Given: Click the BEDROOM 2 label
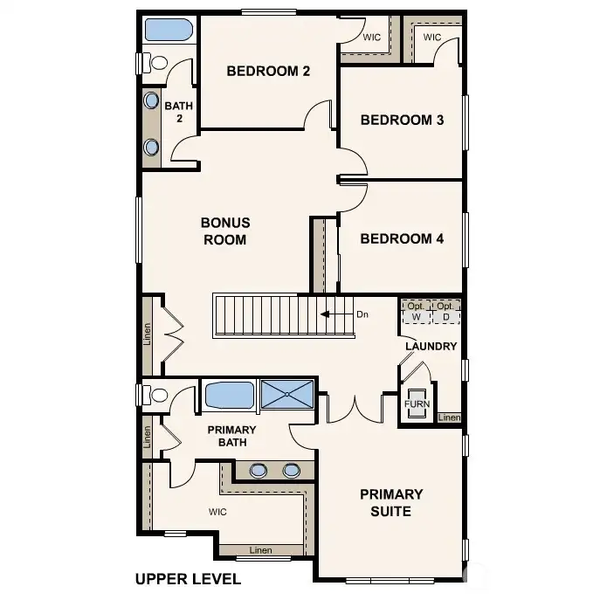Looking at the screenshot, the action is click(x=268, y=71).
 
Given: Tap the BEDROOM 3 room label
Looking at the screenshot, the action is click(x=402, y=121).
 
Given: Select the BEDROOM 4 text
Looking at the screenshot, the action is click(x=402, y=238).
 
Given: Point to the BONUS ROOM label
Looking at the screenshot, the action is click(x=225, y=231).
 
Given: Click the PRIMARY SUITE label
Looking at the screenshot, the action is click(x=391, y=503).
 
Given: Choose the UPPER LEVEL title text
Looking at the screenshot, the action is click(x=189, y=579).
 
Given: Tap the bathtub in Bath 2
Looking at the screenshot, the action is click(x=168, y=30).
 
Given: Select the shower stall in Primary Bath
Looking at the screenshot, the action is click(x=287, y=394).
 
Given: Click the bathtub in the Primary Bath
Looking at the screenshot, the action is click(x=230, y=395).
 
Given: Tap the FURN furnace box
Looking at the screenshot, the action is click(x=417, y=403).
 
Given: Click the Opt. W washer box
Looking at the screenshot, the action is click(x=416, y=312).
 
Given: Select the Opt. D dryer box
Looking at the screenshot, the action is click(x=445, y=312).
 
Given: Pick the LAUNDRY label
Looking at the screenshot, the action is click(x=431, y=347).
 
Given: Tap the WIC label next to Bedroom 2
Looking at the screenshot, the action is click(x=372, y=37).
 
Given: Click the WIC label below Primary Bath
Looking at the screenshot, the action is click(x=217, y=512).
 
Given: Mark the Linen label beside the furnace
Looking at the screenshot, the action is click(x=449, y=417).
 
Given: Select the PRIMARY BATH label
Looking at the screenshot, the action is click(x=232, y=436).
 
